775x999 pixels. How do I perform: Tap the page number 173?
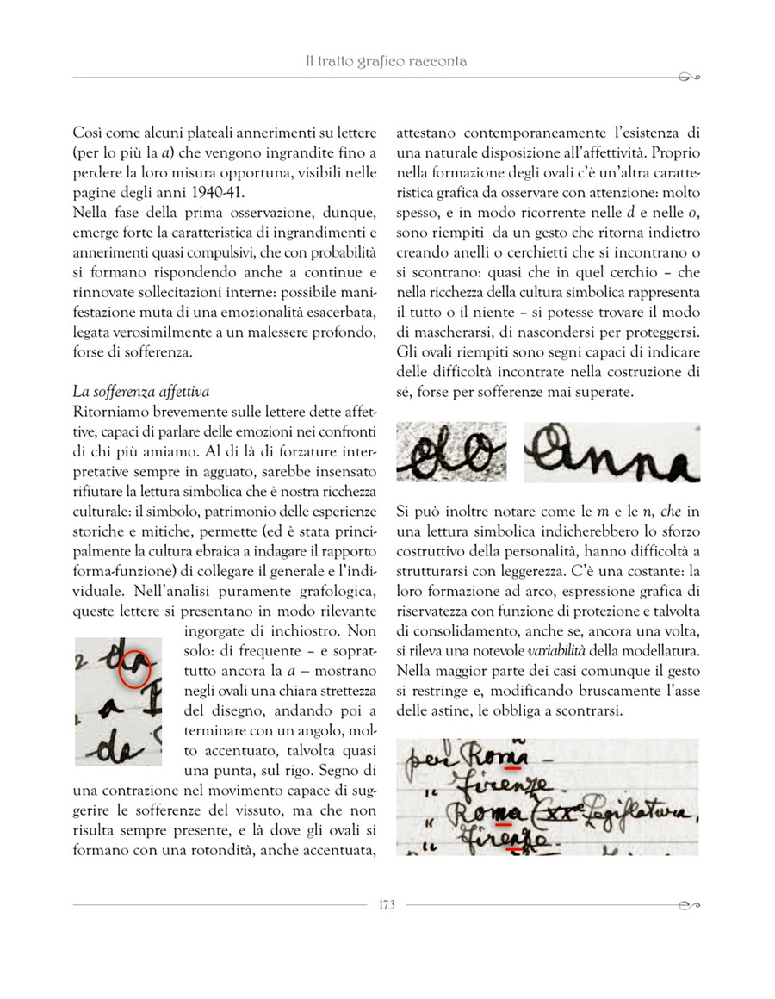click(x=387, y=904)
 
